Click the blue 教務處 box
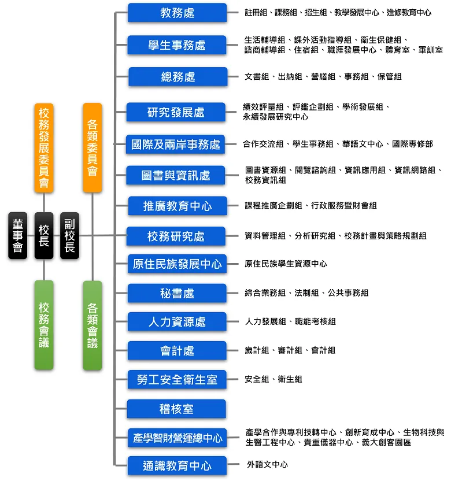(178, 13)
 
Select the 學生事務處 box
(176, 45)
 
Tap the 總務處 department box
(178, 77)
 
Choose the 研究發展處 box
(176, 112)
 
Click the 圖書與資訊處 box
(175, 175)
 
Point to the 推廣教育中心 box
(178, 206)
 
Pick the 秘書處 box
(177, 293)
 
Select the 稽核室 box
(176, 409)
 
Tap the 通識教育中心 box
(177, 465)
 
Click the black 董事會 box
(17, 235)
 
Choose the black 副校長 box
(69, 235)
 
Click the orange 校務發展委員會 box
(44, 148)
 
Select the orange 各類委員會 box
(92, 148)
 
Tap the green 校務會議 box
(44, 325)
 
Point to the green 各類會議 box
(92, 325)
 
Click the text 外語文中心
(267, 464)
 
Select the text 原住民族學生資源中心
(286, 264)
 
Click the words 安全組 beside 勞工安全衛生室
(257, 379)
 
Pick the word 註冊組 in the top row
(256, 13)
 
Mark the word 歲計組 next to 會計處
(257, 350)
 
